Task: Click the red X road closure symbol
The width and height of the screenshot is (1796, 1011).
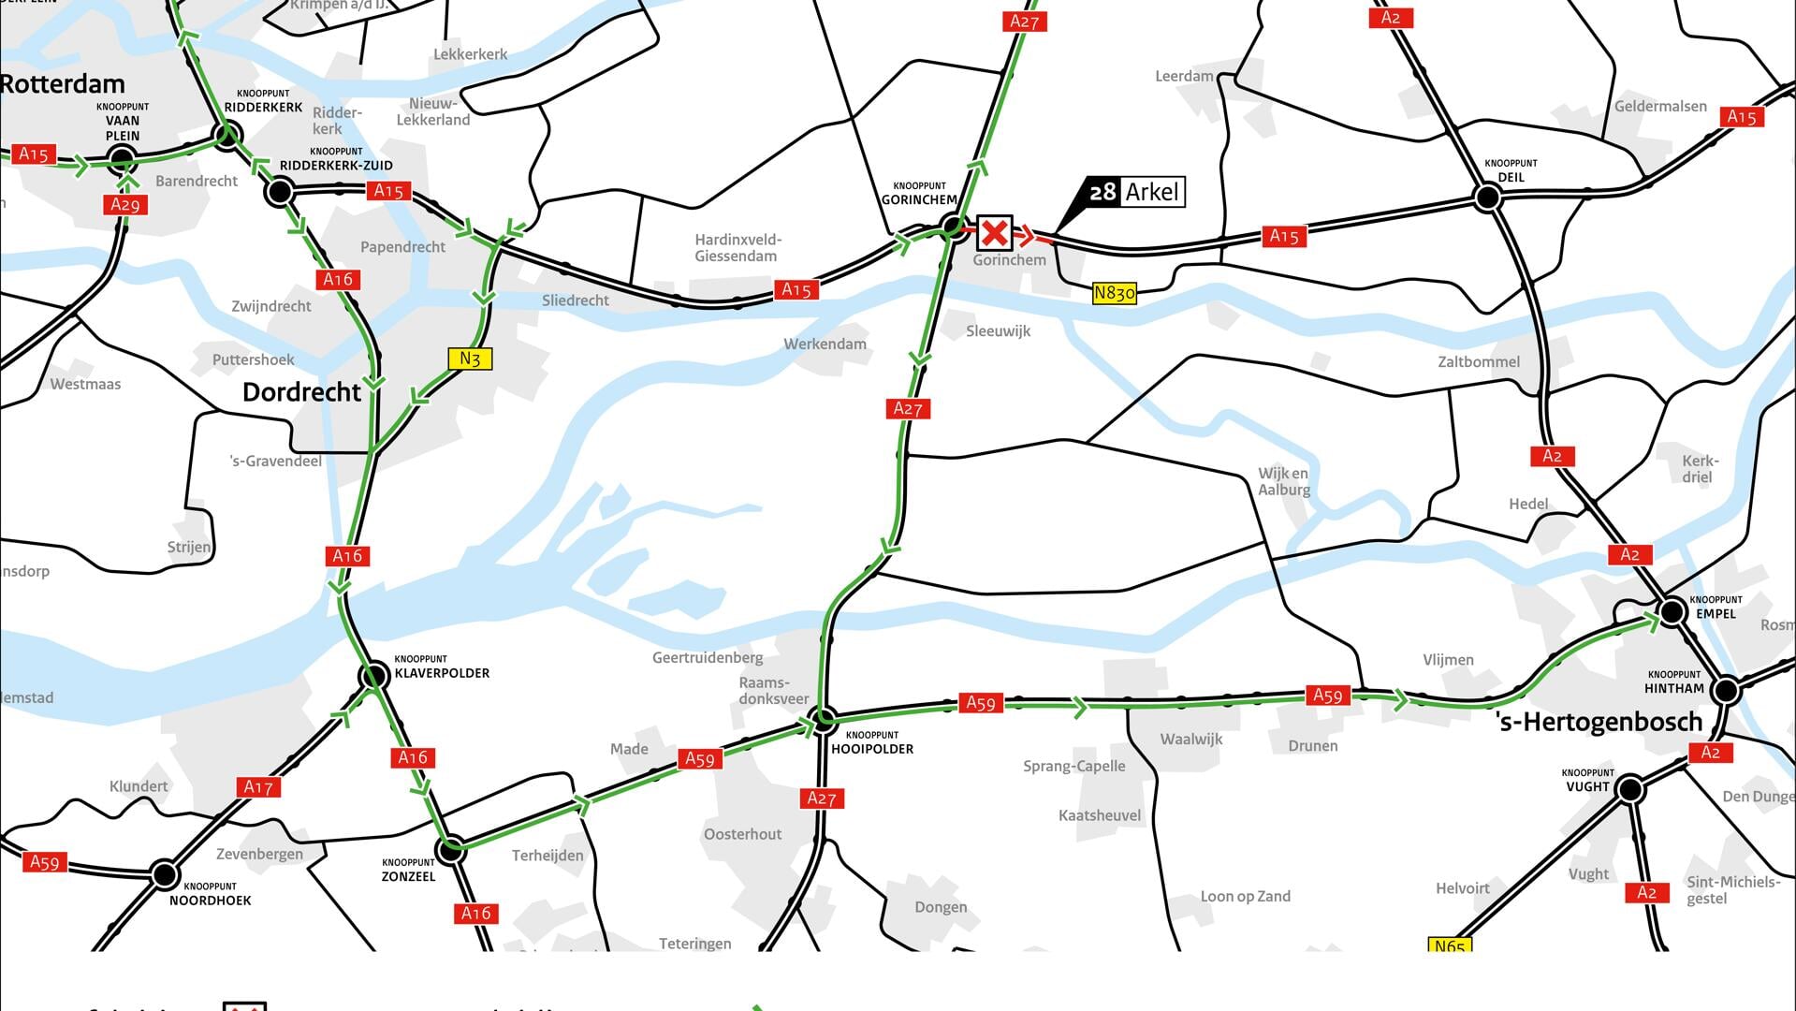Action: click(x=994, y=233)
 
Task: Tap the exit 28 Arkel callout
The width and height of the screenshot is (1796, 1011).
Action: click(x=1133, y=192)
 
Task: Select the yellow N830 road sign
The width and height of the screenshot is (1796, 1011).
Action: click(x=1114, y=294)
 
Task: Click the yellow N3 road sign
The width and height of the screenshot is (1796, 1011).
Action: click(x=470, y=359)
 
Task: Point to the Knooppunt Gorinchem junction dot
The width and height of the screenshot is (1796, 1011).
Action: click(x=952, y=226)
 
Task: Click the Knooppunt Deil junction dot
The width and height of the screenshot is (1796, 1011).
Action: click(x=1487, y=198)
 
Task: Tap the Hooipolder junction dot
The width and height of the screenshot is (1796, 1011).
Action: click(x=824, y=720)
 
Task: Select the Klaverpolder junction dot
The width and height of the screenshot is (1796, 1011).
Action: click(x=374, y=676)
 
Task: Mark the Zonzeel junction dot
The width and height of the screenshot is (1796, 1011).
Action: click(x=451, y=849)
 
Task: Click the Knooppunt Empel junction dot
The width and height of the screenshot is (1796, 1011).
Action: click(x=1672, y=612)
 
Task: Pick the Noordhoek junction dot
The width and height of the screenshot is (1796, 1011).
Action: click(x=165, y=874)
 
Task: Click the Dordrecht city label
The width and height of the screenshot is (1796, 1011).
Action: click(x=301, y=392)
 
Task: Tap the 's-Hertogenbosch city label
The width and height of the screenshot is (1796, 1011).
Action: click(x=1599, y=722)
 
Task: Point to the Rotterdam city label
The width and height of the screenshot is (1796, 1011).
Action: click(x=63, y=84)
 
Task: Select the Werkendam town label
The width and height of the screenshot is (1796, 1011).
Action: click(x=825, y=344)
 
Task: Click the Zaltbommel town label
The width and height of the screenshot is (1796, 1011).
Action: click(x=1479, y=362)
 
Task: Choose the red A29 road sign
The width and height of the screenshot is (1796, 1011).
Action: click(x=124, y=205)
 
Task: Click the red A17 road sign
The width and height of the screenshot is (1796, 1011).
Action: click(x=258, y=787)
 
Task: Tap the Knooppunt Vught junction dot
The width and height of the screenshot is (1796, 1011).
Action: click(x=1629, y=789)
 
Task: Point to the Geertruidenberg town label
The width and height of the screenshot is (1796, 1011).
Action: click(x=708, y=658)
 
